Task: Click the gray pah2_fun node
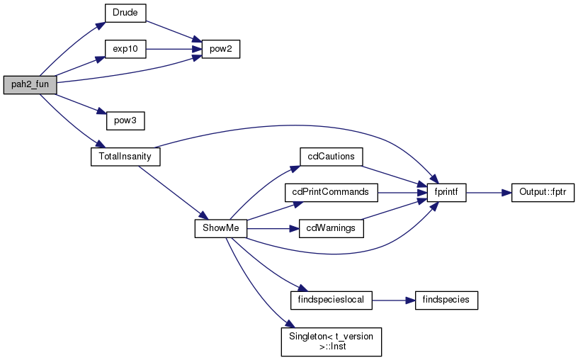coord(30,85)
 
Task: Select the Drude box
coord(125,13)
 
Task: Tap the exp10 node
coord(125,49)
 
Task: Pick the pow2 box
coord(221,49)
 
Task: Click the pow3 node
coord(125,120)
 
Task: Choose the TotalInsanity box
coord(125,157)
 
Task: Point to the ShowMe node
coord(221,229)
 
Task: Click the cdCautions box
coord(331,157)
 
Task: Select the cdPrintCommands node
coord(331,193)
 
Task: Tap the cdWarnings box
coord(331,229)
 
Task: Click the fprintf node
coord(446,193)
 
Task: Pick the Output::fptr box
coord(543,193)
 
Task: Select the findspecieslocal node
coord(331,300)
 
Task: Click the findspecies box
coord(446,300)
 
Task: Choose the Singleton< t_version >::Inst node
coord(331,342)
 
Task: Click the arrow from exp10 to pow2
coord(174,49)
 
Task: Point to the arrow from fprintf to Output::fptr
coord(489,193)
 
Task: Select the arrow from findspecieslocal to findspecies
coord(394,300)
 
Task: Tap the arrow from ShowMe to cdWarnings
coord(273,229)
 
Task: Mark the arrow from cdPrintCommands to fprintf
coord(402,193)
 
